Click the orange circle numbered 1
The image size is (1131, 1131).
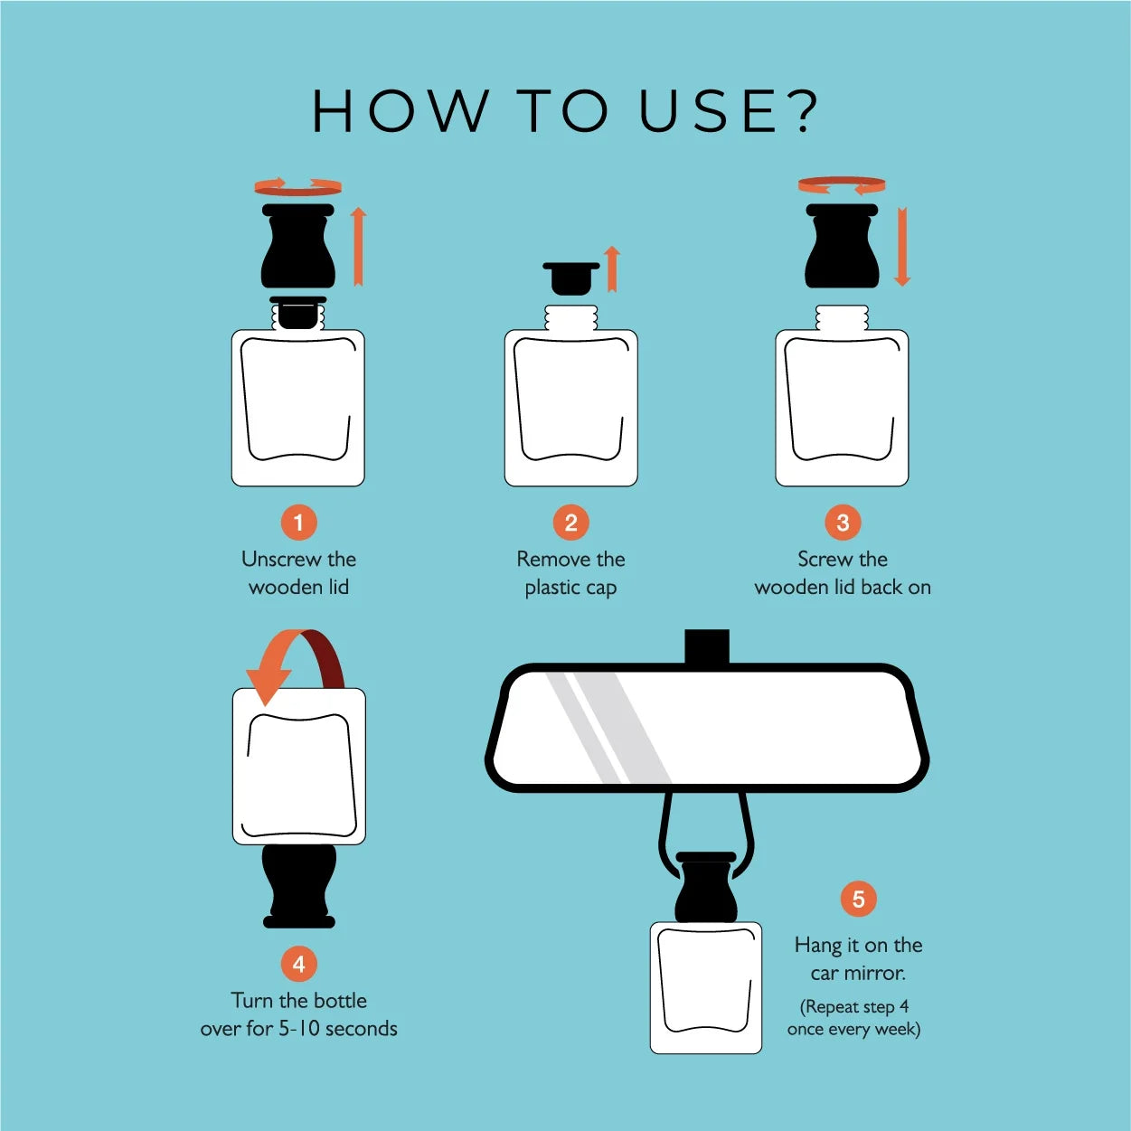(298, 523)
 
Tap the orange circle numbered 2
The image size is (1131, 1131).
(571, 523)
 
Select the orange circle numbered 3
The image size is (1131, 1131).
(843, 523)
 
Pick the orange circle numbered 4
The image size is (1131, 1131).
(298, 964)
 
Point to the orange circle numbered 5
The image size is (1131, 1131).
(858, 899)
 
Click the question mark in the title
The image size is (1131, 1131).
(800, 110)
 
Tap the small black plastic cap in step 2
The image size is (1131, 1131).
(571, 278)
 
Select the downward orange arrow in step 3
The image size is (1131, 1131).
(902, 247)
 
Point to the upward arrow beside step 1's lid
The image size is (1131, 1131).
(359, 247)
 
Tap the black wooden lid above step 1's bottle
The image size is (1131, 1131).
(298, 245)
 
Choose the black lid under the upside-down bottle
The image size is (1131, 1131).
(299, 886)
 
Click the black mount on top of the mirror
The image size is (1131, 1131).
(707, 646)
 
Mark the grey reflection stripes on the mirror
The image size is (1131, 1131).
(608, 727)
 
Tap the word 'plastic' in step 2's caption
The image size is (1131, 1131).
(550, 588)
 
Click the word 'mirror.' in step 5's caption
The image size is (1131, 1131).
(876, 973)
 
